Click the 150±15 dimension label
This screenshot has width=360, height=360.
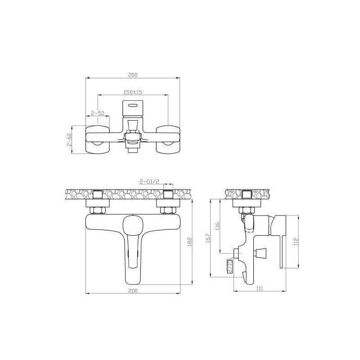(133, 92)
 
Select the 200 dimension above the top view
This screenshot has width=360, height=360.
(133, 75)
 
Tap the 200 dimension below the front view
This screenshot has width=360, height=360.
(133, 291)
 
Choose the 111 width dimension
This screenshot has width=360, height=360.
(260, 289)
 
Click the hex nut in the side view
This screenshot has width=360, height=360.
(246, 210)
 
